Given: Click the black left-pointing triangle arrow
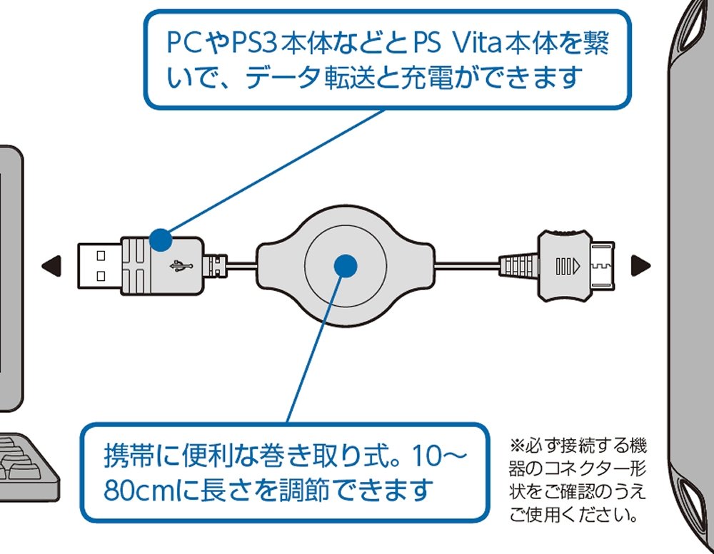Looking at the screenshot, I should [x=48, y=266].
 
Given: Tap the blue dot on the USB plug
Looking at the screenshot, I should [x=161, y=240].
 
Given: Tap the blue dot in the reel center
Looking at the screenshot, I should [x=346, y=265].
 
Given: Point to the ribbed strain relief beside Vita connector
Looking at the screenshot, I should [x=518, y=265].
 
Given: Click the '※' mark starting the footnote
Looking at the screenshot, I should [x=517, y=448].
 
